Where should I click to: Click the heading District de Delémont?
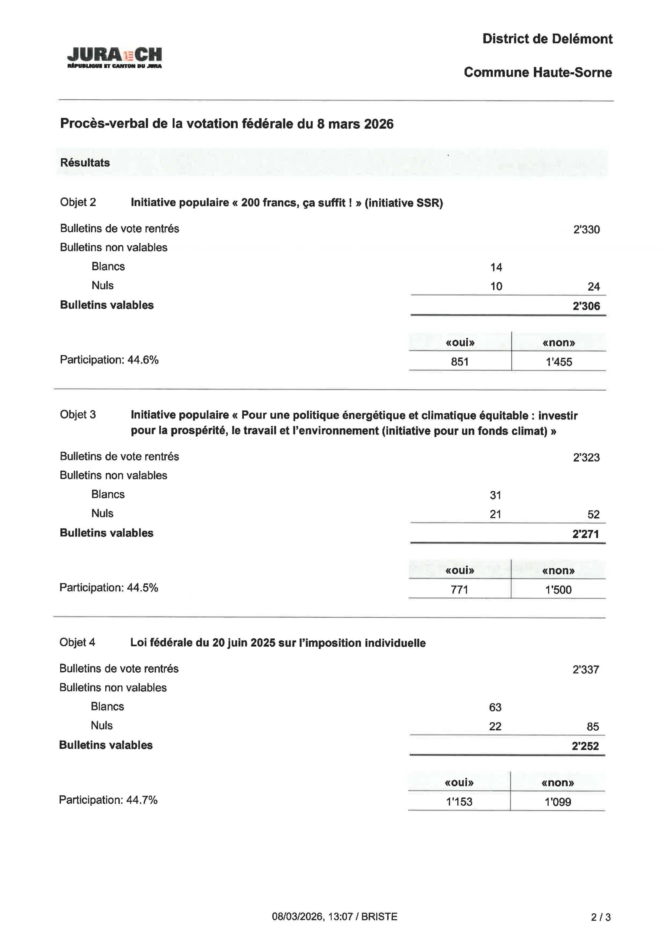coord(547,39)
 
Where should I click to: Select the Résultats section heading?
coord(85,163)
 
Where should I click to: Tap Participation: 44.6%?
coord(109,360)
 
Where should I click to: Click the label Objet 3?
coord(78,414)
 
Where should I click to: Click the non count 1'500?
coord(558,590)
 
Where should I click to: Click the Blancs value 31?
coord(495,495)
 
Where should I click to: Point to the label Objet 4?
coord(77,642)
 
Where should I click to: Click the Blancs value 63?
coord(495,707)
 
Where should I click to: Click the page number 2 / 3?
coord(600,917)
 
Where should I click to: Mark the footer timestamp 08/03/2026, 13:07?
coord(312,917)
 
